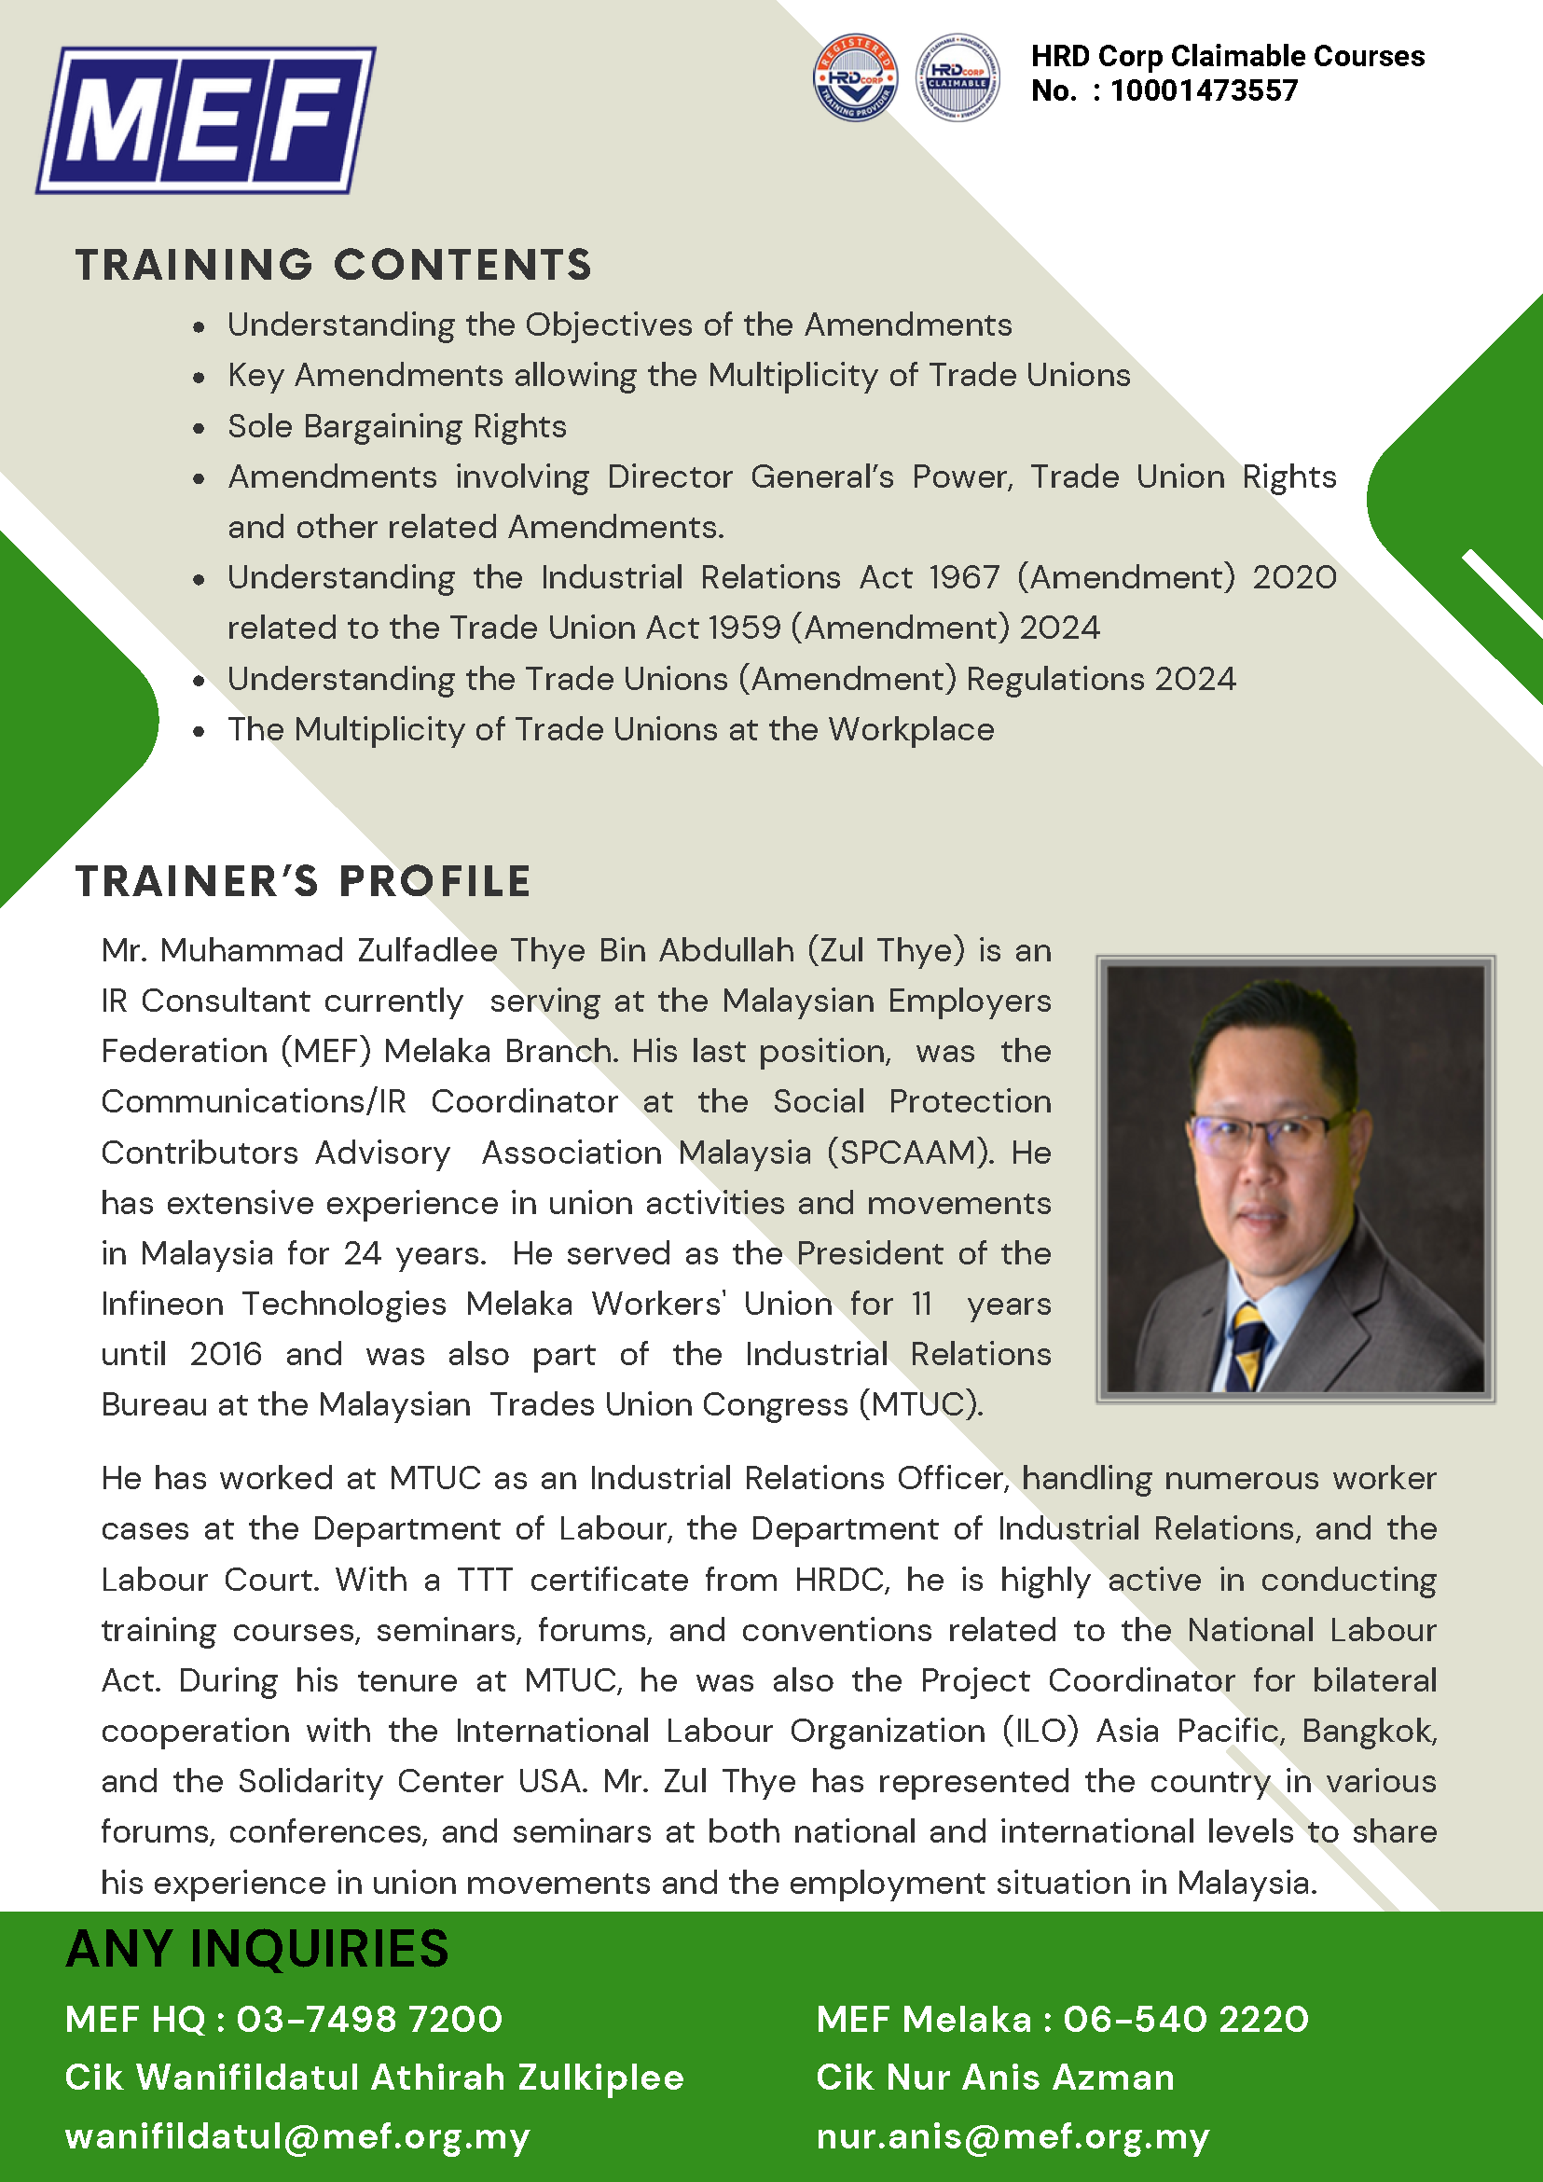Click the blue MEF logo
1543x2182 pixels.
coord(206,120)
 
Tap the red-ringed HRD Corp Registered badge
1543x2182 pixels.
coord(855,77)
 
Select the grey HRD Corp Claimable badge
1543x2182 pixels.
coord(957,77)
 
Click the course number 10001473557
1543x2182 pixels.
coord(1204,91)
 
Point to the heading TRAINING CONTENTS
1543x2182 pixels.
coord(334,265)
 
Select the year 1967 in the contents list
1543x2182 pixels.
coord(964,578)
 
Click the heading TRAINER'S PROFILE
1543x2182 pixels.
coord(303,882)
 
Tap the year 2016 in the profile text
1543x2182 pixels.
coord(226,1354)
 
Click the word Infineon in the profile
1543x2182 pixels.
coord(162,1304)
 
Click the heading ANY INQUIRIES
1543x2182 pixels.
coord(257,1949)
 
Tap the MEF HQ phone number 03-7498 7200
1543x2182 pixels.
coord(369,2019)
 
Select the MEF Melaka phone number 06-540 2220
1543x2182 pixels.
coord(1186,2019)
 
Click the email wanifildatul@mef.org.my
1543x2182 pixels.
coord(297,2136)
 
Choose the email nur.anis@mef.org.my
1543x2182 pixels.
coord(1013,2136)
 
